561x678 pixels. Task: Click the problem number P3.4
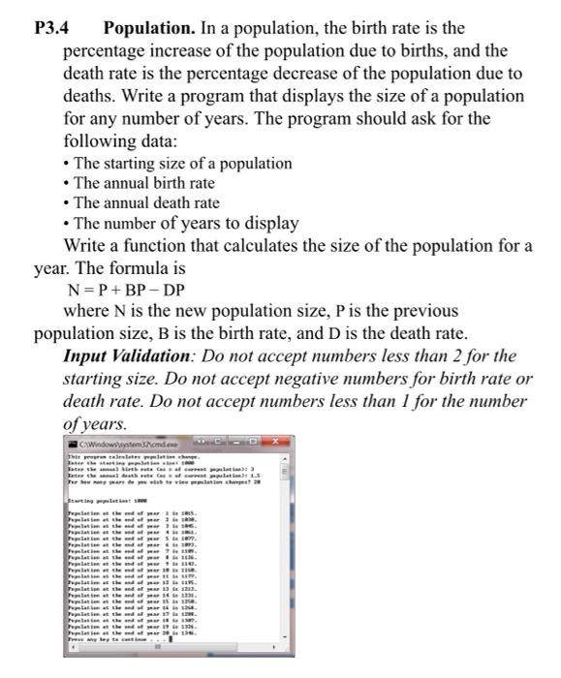coord(47,28)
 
